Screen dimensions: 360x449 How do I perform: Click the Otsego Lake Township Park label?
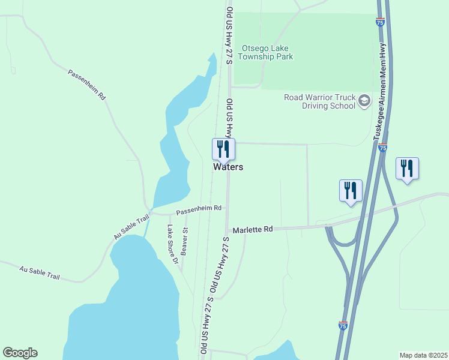point(267,52)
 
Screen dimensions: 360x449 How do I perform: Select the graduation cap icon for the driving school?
point(364,101)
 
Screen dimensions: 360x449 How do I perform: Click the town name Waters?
point(228,167)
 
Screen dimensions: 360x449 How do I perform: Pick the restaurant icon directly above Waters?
point(223,149)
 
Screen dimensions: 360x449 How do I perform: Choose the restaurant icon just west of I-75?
point(351,191)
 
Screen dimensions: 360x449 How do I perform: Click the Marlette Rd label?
point(253,229)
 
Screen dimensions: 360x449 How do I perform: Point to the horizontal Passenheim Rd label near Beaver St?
point(199,209)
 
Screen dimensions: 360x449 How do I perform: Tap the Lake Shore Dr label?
point(173,244)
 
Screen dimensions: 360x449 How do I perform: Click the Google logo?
point(20,353)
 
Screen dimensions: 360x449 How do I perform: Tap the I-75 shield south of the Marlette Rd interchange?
point(342,326)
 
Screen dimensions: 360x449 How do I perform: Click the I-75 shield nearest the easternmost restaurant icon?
point(383,148)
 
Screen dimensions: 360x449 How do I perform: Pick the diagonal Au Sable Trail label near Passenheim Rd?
point(131,228)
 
